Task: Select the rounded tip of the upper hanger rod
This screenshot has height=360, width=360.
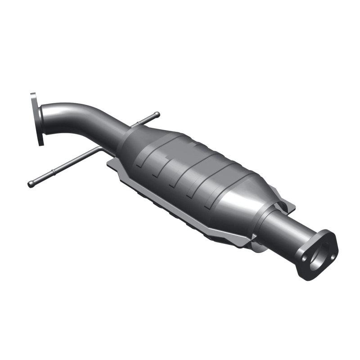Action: pyautogui.click(x=157, y=114)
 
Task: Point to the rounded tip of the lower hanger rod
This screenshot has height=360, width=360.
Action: pyautogui.click(x=31, y=184)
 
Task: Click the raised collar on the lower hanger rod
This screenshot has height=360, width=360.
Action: pyautogui.click(x=53, y=172)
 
